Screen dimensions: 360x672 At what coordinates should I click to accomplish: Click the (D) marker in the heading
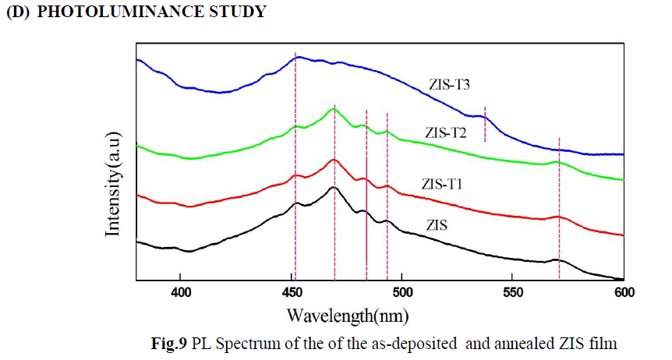(17, 12)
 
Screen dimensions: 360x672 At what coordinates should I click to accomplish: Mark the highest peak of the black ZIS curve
(334, 188)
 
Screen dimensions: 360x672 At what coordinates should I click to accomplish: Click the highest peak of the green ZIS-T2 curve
(334, 109)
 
